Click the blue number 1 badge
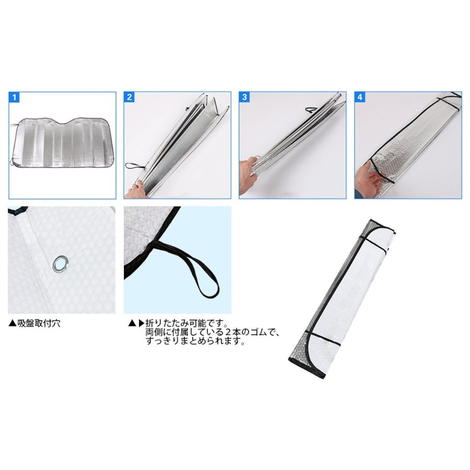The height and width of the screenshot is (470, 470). click(x=14, y=97)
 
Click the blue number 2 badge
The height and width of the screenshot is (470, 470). click(x=129, y=97)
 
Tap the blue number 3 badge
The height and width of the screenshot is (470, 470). click(x=244, y=97)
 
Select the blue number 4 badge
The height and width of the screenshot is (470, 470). click(x=360, y=97)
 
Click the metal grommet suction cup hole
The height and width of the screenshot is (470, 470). click(x=61, y=264)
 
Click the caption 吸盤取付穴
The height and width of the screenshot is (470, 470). click(x=39, y=323)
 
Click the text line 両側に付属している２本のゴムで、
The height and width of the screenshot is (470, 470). click(x=212, y=332)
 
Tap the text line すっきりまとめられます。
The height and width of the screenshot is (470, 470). click(x=196, y=341)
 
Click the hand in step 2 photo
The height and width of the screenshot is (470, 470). click(x=138, y=191)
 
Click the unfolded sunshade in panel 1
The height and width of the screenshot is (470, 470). click(x=61, y=143)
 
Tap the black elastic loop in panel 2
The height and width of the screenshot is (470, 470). click(x=134, y=166)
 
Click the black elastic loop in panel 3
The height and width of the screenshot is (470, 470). click(x=312, y=110)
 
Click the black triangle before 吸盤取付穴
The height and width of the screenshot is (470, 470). click(x=12, y=323)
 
